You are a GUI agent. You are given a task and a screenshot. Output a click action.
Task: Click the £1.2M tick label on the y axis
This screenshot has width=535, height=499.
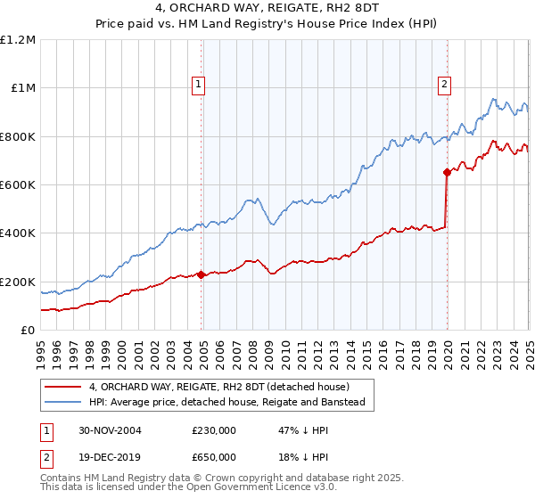pyautogui.click(x=19, y=39)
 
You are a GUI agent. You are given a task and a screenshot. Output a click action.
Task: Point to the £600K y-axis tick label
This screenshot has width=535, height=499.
pyautogui.click(x=18, y=185)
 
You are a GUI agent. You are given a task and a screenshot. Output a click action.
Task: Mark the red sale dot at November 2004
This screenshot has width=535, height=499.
pyautogui.click(x=202, y=274)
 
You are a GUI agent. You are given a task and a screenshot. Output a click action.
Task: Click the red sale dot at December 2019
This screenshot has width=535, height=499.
pyautogui.click(x=447, y=173)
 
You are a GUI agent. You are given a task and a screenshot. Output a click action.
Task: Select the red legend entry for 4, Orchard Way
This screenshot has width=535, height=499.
pyautogui.click(x=219, y=387)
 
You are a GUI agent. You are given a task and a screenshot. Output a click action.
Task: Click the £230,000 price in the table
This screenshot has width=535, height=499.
pyautogui.click(x=213, y=429)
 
